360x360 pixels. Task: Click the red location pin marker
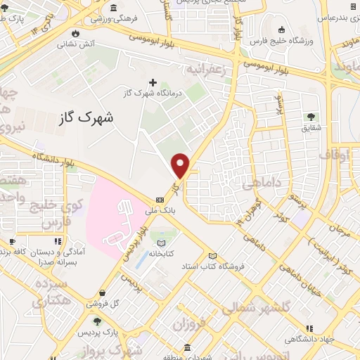coord(181,166)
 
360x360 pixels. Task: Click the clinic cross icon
coord(153,82)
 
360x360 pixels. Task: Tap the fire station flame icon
coord(76,32)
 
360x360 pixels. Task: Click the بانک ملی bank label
coord(159,210)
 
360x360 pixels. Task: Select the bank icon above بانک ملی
coord(160,199)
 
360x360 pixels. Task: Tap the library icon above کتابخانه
coord(162,242)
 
